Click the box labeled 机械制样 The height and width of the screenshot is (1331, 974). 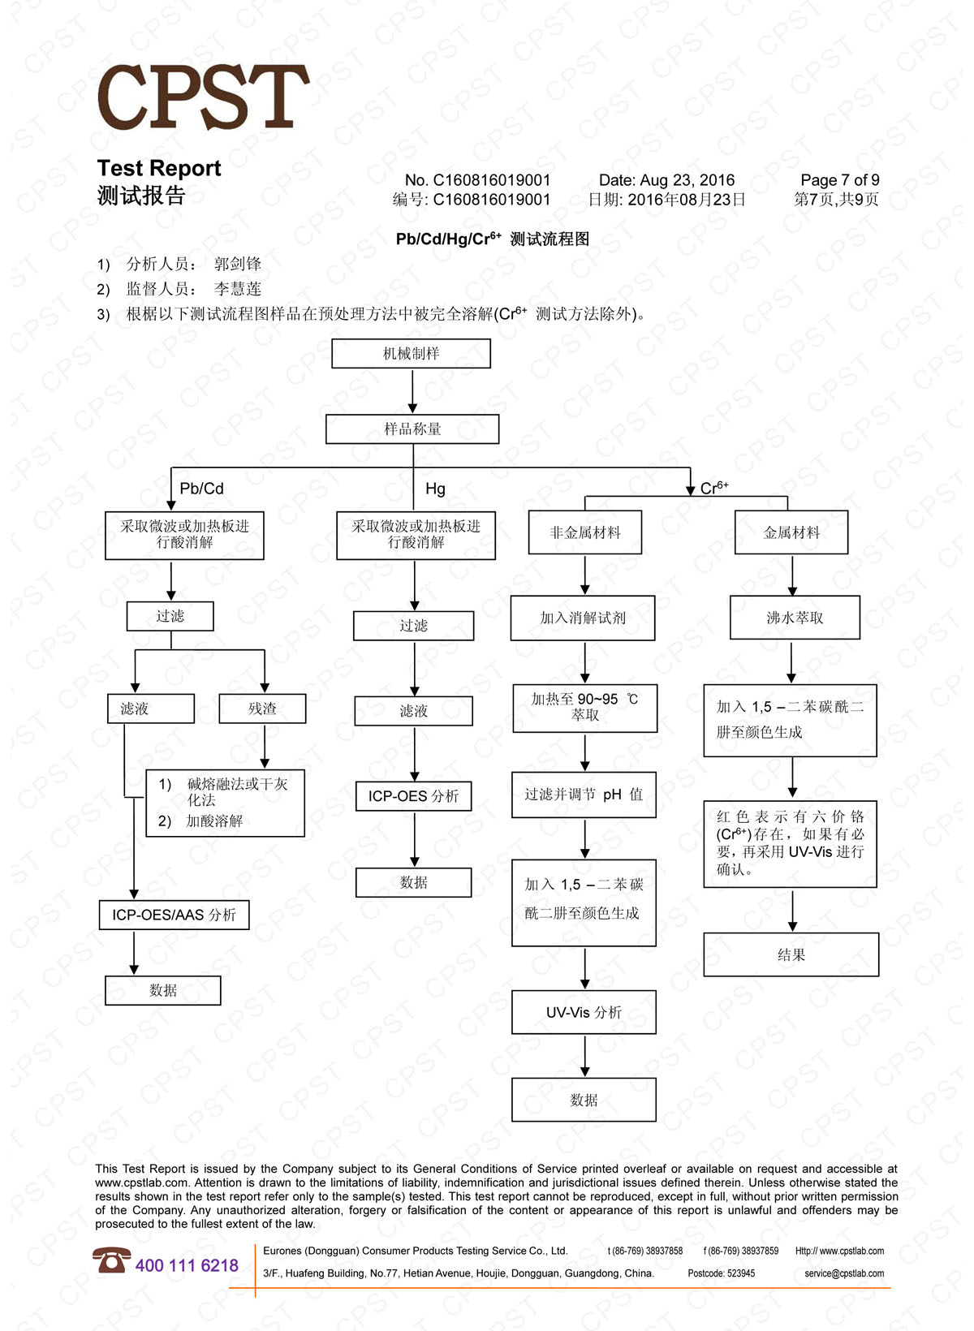[x=411, y=354]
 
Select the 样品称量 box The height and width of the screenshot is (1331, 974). [x=412, y=429]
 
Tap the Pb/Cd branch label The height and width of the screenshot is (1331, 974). [x=201, y=489]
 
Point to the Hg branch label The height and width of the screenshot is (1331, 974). [x=435, y=489]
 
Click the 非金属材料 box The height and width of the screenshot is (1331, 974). [x=584, y=532]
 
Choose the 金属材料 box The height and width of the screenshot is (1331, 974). [x=791, y=532]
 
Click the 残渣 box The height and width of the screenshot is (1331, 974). [x=262, y=709]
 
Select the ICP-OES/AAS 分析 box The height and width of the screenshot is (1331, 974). [x=174, y=915]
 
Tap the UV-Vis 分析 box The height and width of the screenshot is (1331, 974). [x=584, y=1012]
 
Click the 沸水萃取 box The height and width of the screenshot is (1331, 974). [x=795, y=618]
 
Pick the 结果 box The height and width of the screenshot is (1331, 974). [x=791, y=954]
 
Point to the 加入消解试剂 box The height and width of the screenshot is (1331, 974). [x=583, y=618]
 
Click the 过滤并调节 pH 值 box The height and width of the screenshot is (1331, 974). [x=584, y=795]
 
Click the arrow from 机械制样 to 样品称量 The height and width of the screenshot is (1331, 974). [x=412, y=391]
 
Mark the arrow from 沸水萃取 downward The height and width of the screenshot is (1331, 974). [x=791, y=662]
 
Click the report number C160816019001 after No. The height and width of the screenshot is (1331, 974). [x=491, y=180]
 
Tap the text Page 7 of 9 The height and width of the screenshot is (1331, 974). [x=839, y=180]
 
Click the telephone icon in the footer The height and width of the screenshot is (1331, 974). [x=111, y=1261]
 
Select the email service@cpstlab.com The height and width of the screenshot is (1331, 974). [x=844, y=1273]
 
